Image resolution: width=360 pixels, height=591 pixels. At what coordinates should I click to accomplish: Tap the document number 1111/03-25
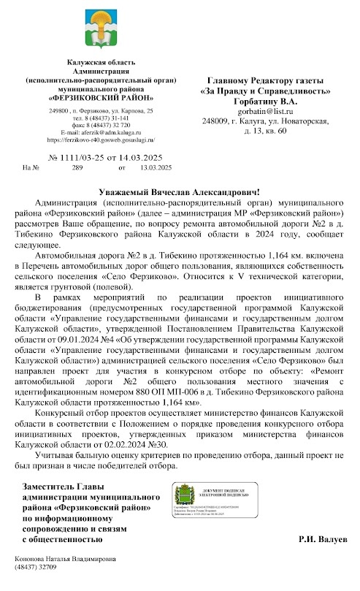76,158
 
